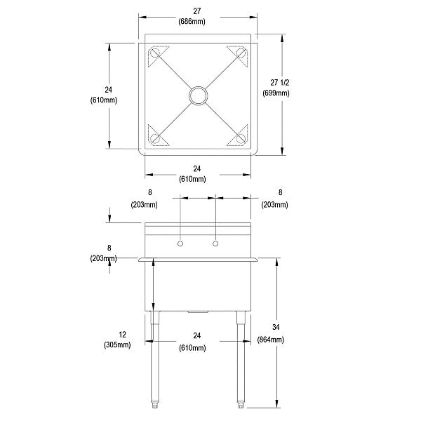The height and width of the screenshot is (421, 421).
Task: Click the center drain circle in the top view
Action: point(198,95)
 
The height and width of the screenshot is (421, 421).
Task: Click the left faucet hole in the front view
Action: point(181,243)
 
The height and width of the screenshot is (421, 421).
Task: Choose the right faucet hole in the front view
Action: point(215,243)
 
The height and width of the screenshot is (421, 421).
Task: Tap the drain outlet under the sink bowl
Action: point(199,311)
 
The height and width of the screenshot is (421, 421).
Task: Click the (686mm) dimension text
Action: point(197,22)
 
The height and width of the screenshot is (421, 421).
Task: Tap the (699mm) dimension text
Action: point(273,93)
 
